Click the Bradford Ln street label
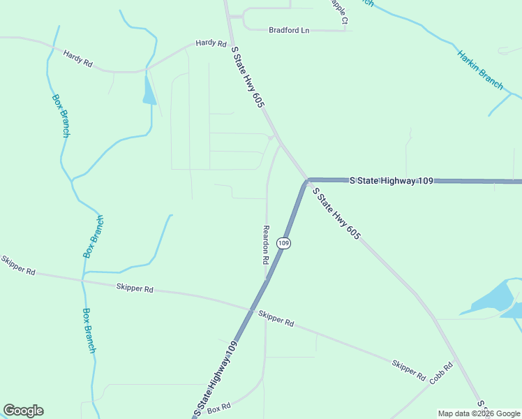coord(289,31)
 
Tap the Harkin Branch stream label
coord(480,69)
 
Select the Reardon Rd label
coord(265,244)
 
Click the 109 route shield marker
coord(283,243)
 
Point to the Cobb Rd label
coord(441,374)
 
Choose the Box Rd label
coord(218,407)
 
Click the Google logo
coord(23,411)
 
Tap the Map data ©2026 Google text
coord(479,413)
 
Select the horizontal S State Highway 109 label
coord(391,181)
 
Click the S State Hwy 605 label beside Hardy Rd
coord(248,77)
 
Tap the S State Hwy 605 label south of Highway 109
coord(336,214)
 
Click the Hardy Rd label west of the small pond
coord(78,58)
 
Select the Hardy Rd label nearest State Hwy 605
coord(211,43)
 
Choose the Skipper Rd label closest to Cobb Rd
coord(408,370)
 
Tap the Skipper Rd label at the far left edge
coord(17,266)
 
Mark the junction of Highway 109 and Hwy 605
coord(307,181)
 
